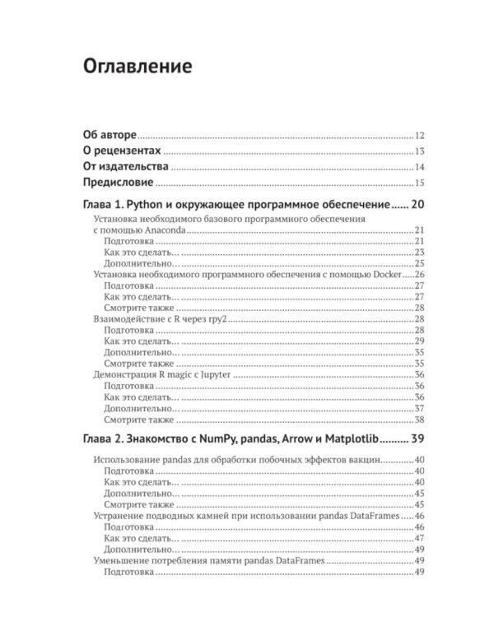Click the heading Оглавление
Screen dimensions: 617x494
pos(137,66)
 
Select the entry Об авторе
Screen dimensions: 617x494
pos(110,136)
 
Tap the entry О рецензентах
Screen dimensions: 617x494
pos(123,151)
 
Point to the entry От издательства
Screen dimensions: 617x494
pos(126,167)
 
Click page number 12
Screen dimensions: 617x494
pos(419,136)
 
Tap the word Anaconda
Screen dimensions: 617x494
pos(164,232)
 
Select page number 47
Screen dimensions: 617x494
pos(419,538)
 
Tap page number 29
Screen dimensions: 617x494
pos(419,341)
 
